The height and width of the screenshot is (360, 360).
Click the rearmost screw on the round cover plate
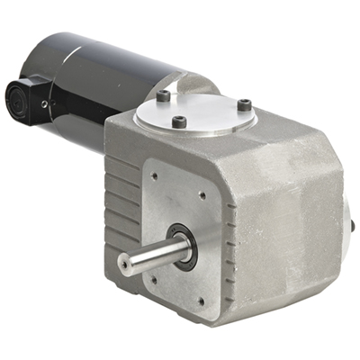(163, 94)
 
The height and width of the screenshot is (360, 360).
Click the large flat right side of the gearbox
(288, 225)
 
